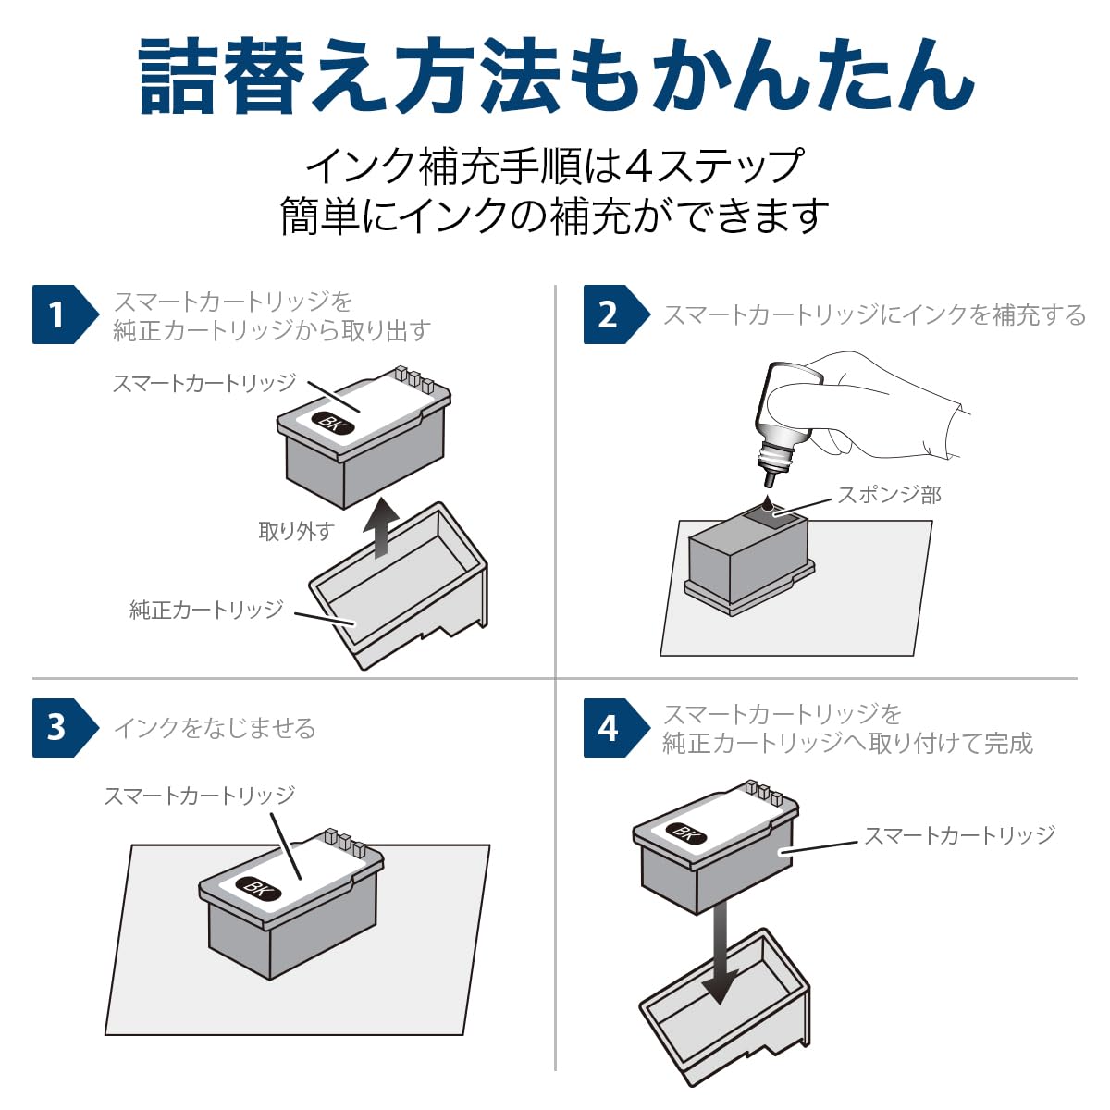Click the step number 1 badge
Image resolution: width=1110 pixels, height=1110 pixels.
[58, 314]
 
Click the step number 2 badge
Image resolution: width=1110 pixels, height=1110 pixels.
[609, 314]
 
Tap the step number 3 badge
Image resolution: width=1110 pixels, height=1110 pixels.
[58, 728]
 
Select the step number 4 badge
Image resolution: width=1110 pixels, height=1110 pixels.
[609, 728]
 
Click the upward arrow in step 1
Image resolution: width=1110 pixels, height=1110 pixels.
[380, 527]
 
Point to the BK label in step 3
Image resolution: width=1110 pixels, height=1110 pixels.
[258, 890]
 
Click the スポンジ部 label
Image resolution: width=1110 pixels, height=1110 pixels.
[889, 495]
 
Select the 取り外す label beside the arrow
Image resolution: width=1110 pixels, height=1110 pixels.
[295, 531]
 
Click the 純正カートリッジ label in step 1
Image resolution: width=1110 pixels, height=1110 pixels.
[206, 610]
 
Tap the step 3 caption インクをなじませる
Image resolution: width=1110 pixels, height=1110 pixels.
[215, 729]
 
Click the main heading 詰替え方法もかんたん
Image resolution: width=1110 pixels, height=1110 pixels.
[555, 76]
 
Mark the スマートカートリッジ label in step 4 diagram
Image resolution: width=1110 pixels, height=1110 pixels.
[959, 835]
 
